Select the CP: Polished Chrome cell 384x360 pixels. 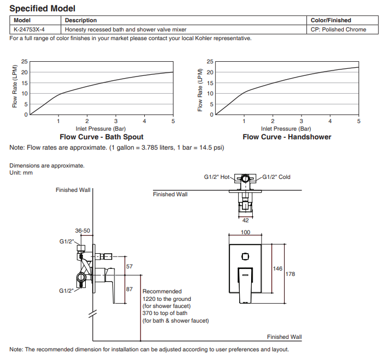tap(339, 30)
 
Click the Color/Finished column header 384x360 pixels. tap(331, 21)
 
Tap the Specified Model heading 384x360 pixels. tap(42, 9)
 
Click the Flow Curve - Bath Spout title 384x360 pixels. tap(101, 137)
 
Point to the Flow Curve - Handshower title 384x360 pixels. tap(286, 137)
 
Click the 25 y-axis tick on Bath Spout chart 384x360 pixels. tap(24, 62)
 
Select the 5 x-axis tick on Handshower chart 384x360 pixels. tap(359, 121)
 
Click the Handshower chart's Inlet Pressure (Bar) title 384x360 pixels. tap(286, 129)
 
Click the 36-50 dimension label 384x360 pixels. tap(82, 231)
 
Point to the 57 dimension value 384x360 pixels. tap(129, 267)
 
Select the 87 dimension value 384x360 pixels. tap(129, 289)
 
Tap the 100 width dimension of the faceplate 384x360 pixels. tap(246, 232)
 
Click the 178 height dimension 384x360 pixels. tap(290, 274)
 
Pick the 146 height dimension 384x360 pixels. tap(277, 268)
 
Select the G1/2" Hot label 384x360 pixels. tap(217, 177)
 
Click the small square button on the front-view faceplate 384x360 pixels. tap(245, 257)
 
